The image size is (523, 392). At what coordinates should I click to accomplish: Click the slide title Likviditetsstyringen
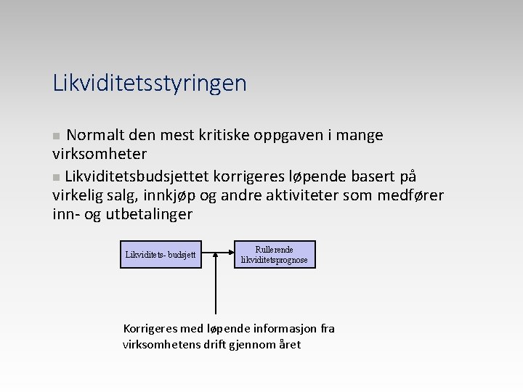pyautogui.click(x=150, y=83)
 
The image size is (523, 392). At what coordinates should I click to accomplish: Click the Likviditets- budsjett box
pyautogui.click(x=161, y=255)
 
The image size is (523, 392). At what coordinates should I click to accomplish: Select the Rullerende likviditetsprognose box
pyautogui.click(x=274, y=254)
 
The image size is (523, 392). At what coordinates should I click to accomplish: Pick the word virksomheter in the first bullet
pyautogui.click(x=100, y=154)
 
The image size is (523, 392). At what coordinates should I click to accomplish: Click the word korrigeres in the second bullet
pyautogui.click(x=244, y=176)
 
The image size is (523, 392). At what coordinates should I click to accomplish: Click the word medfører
pyautogui.click(x=408, y=195)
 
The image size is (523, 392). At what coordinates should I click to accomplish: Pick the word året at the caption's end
pyautogui.click(x=289, y=344)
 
